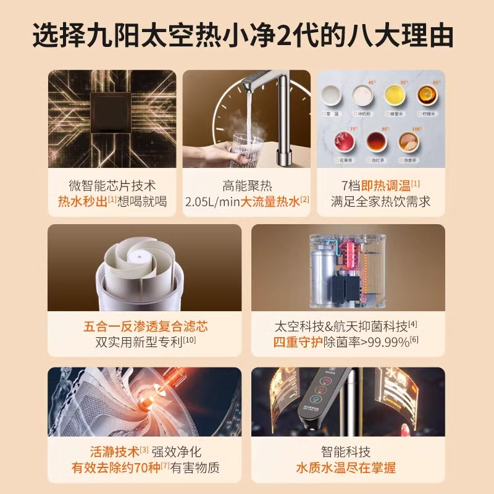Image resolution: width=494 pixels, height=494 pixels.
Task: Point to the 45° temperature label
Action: pos(372,82)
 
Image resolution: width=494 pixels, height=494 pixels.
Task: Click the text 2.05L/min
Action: pos(212,201)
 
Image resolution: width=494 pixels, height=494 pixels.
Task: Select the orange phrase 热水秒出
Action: pos(82,201)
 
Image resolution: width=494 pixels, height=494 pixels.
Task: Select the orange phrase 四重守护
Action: pos(298,341)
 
